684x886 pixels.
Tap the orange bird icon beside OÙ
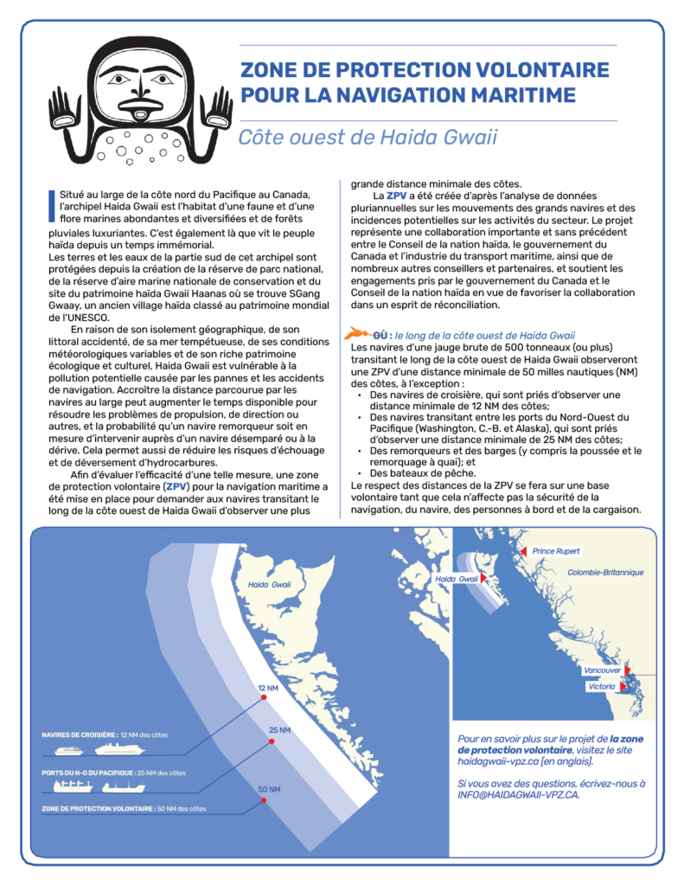tap(358, 334)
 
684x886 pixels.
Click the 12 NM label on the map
tap(268, 688)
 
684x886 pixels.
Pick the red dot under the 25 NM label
tap(272, 742)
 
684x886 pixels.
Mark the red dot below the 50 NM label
tap(264, 801)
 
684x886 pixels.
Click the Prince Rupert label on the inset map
tap(556, 551)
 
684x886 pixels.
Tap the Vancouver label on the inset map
tap(603, 671)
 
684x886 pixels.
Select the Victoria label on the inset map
tap(601, 686)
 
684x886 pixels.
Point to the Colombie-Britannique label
tap(605, 573)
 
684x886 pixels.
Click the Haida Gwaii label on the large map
tap(269, 585)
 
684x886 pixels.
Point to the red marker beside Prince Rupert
tap(522, 551)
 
